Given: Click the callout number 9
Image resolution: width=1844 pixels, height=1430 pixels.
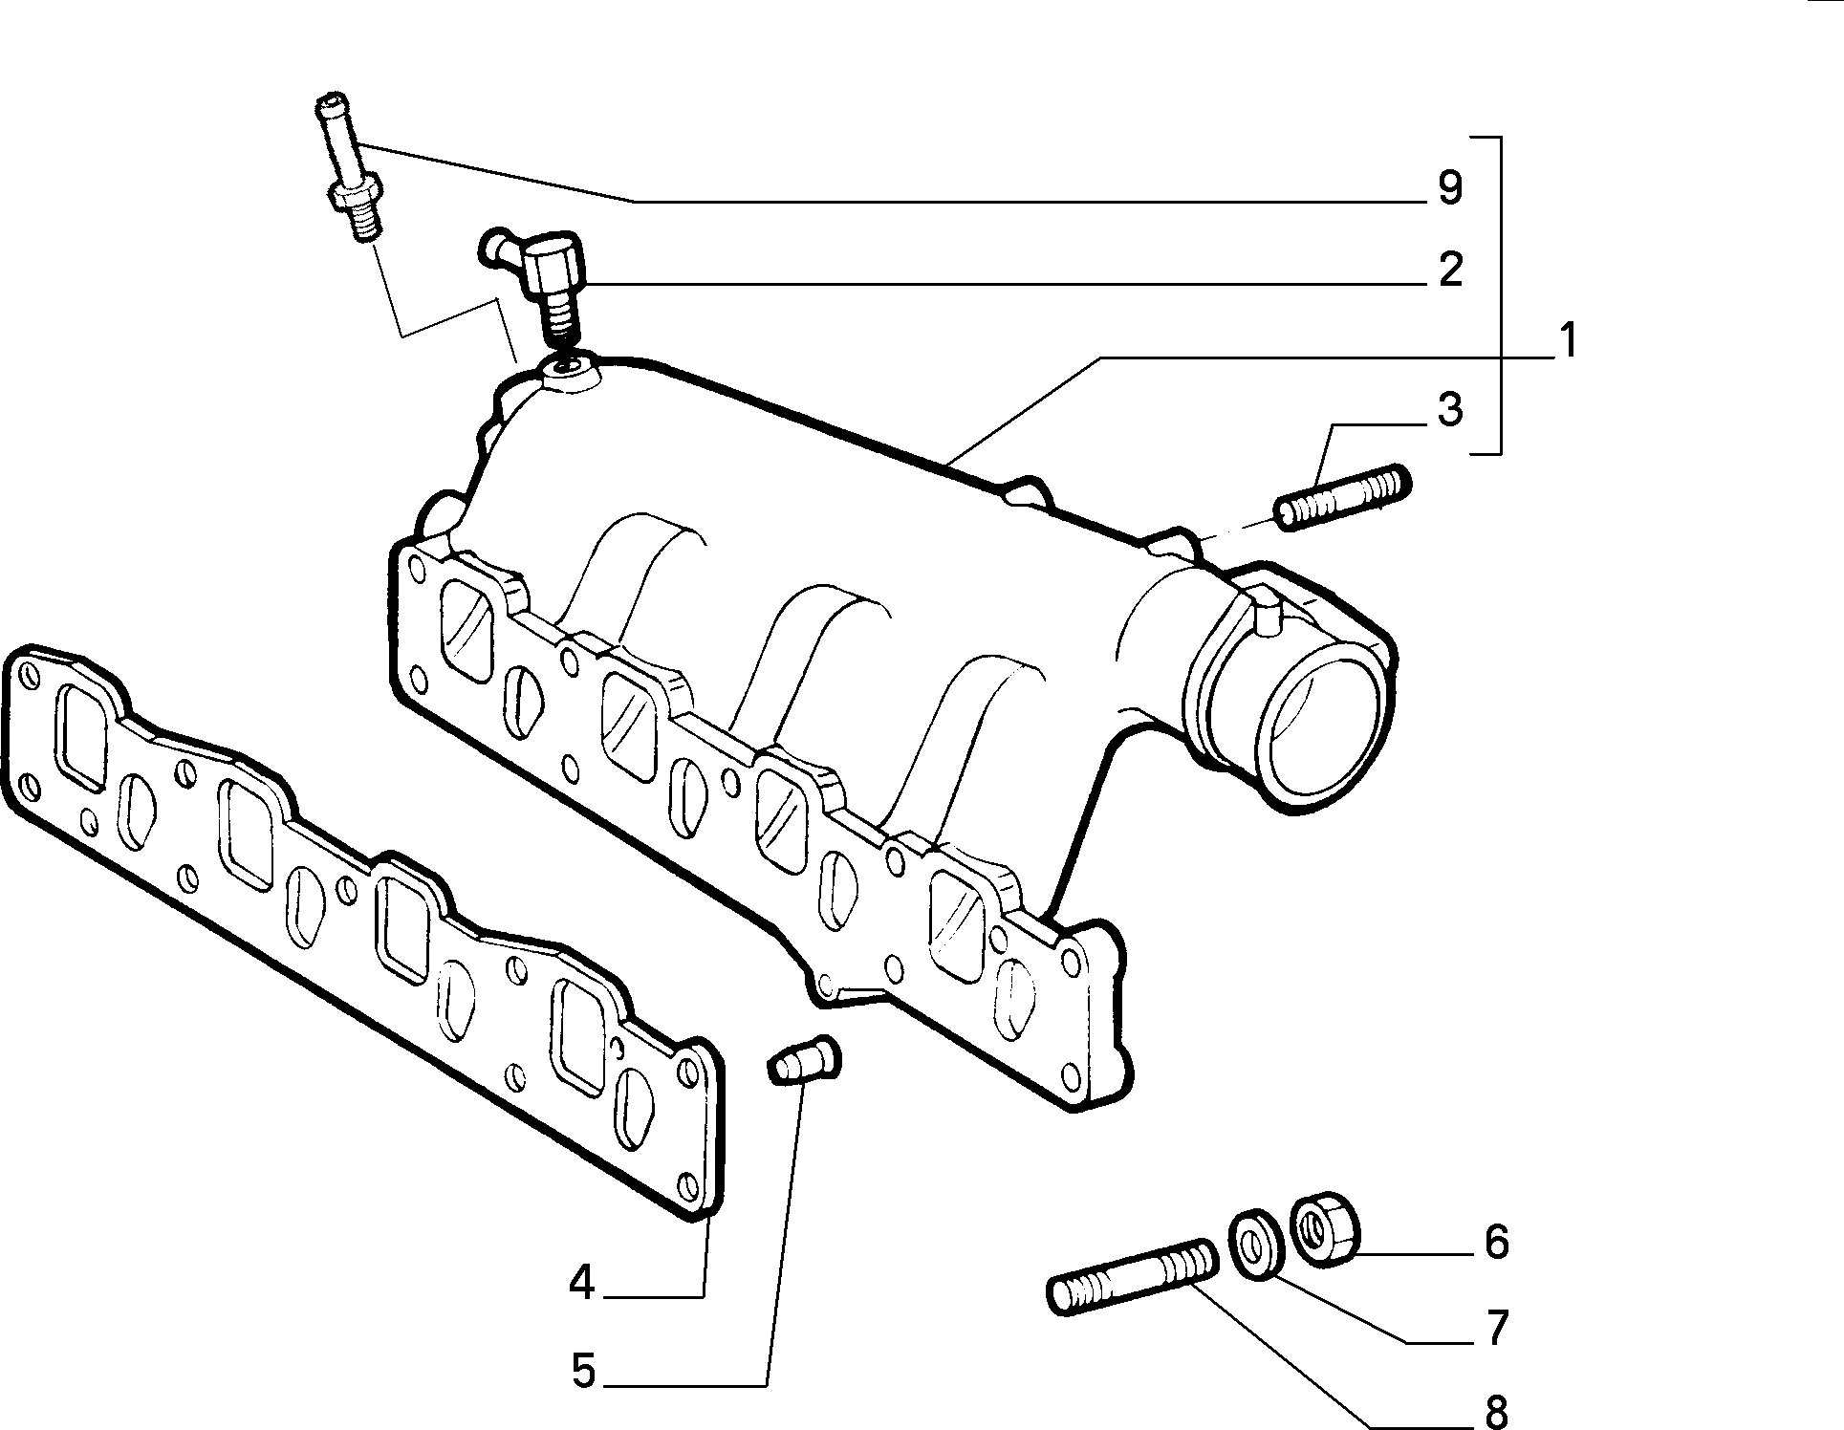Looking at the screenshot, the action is point(1449,187).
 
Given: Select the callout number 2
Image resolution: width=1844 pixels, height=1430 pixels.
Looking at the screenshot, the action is point(1450,271).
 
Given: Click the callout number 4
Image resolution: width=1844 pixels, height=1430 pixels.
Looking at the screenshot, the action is point(582,1284).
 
